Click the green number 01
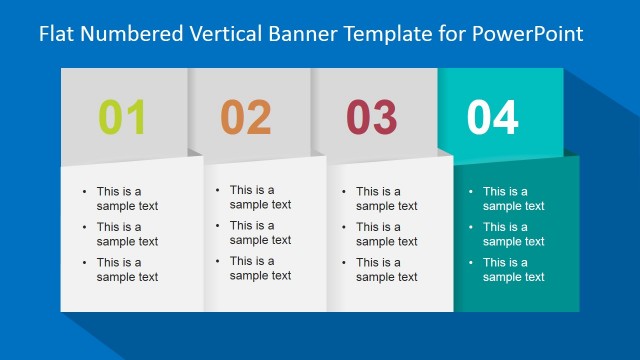click(x=122, y=118)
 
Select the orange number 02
click(x=246, y=118)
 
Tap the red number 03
click(x=371, y=118)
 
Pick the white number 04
click(x=493, y=118)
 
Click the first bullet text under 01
click(x=127, y=199)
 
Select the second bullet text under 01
click(x=127, y=234)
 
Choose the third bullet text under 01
click(x=127, y=270)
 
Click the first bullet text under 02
click(x=260, y=197)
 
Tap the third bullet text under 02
click(x=260, y=268)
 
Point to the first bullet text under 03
click(x=386, y=199)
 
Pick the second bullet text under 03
click(x=386, y=234)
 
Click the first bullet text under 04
click(x=513, y=199)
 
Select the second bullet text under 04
click(x=513, y=234)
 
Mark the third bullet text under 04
click(x=513, y=270)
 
